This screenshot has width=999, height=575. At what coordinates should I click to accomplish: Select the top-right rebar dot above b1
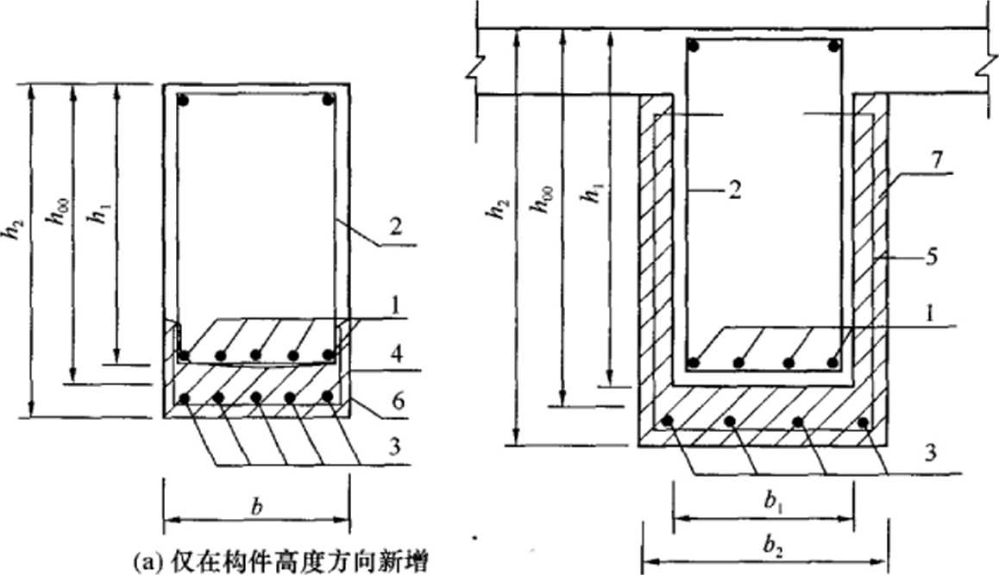833,46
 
